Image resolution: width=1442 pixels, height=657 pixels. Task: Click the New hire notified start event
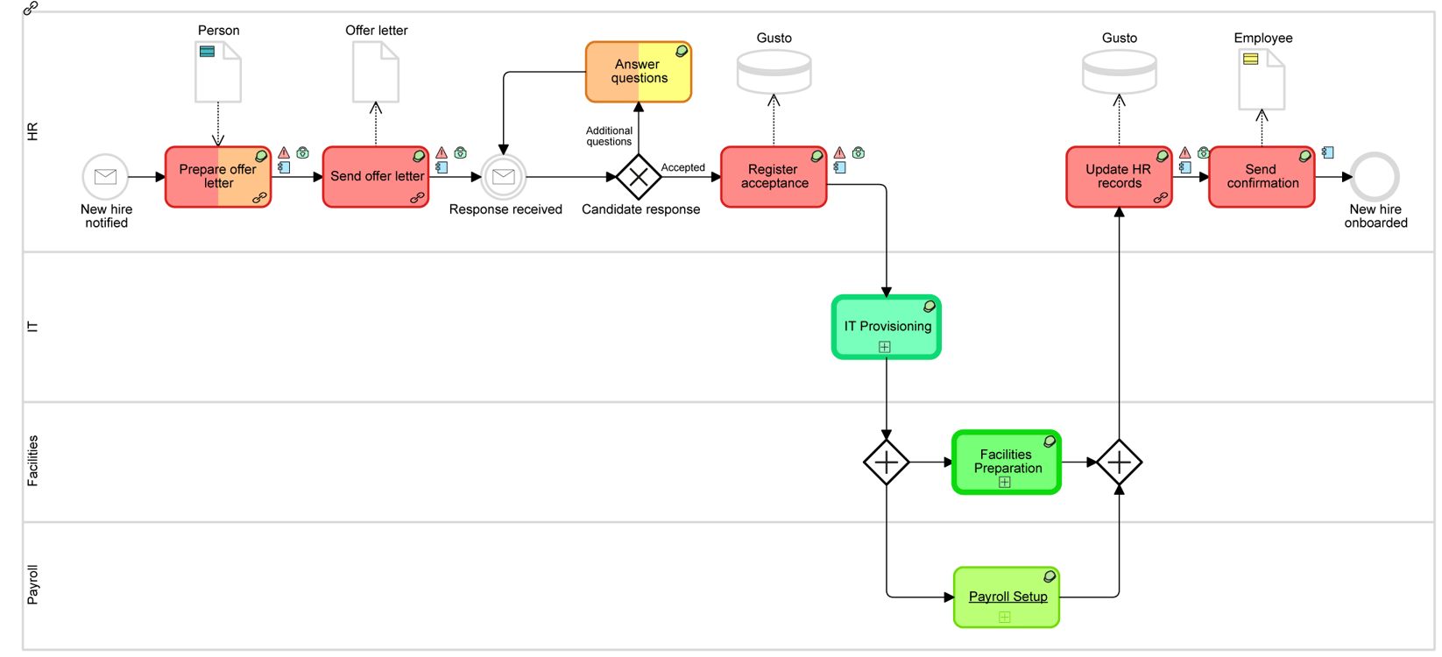point(105,177)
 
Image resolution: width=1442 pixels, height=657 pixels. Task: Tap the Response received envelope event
point(504,177)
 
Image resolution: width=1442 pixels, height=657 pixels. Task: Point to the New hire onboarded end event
point(1375,177)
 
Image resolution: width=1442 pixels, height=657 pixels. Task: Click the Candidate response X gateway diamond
point(639,177)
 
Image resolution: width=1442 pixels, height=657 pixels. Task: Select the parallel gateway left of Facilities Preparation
point(887,462)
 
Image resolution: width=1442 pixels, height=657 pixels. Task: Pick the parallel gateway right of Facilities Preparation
point(1119,462)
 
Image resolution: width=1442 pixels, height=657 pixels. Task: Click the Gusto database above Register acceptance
point(774,72)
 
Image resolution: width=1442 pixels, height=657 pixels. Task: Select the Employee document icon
point(1262,80)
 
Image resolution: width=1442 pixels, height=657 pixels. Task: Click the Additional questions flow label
point(609,136)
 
